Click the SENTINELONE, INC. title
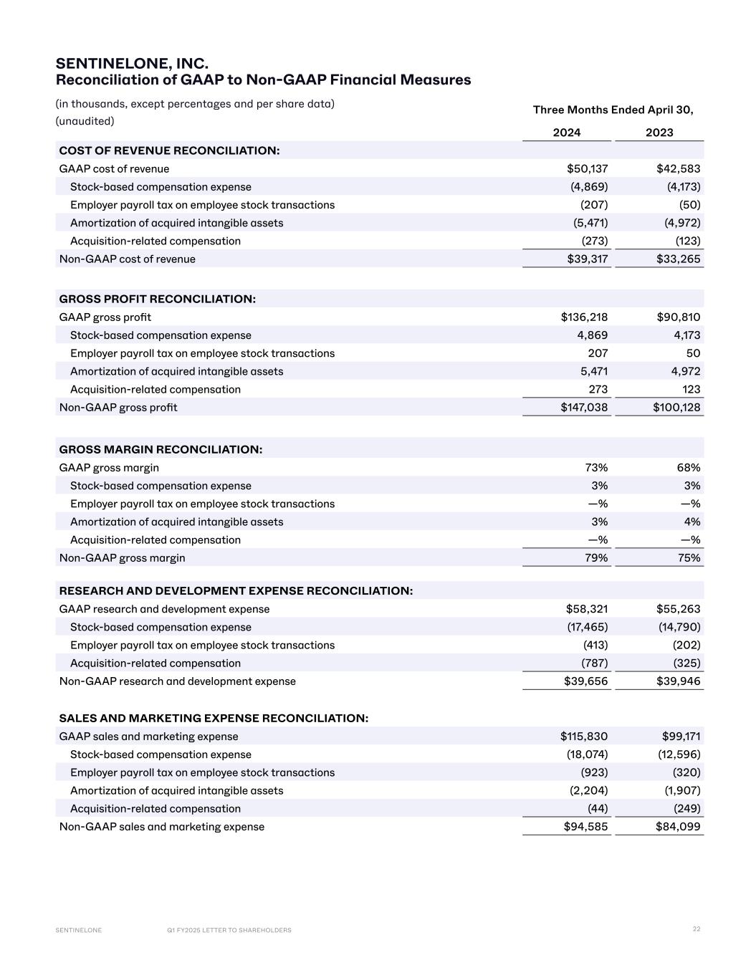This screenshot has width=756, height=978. click(132, 64)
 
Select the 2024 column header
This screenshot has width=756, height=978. click(567, 133)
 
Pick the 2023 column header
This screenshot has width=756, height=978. click(659, 133)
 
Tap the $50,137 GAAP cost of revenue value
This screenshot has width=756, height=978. click(587, 169)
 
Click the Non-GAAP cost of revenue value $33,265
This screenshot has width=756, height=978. click(678, 259)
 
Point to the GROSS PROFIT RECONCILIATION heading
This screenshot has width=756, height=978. click(158, 299)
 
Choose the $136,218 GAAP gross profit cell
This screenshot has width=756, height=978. click(584, 317)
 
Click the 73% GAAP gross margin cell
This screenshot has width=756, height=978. click(596, 468)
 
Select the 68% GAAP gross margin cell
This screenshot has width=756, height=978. click(689, 468)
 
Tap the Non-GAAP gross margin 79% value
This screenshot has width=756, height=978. click(596, 558)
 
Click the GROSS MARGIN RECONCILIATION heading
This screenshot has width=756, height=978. click(161, 449)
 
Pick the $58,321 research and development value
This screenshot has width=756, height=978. click(587, 609)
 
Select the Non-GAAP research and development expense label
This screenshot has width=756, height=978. click(177, 681)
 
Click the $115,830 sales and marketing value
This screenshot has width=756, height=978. click(584, 737)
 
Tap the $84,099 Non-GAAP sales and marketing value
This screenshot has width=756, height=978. click(678, 827)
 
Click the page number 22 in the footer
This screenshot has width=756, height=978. click(697, 929)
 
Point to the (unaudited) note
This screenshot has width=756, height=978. click(85, 121)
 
